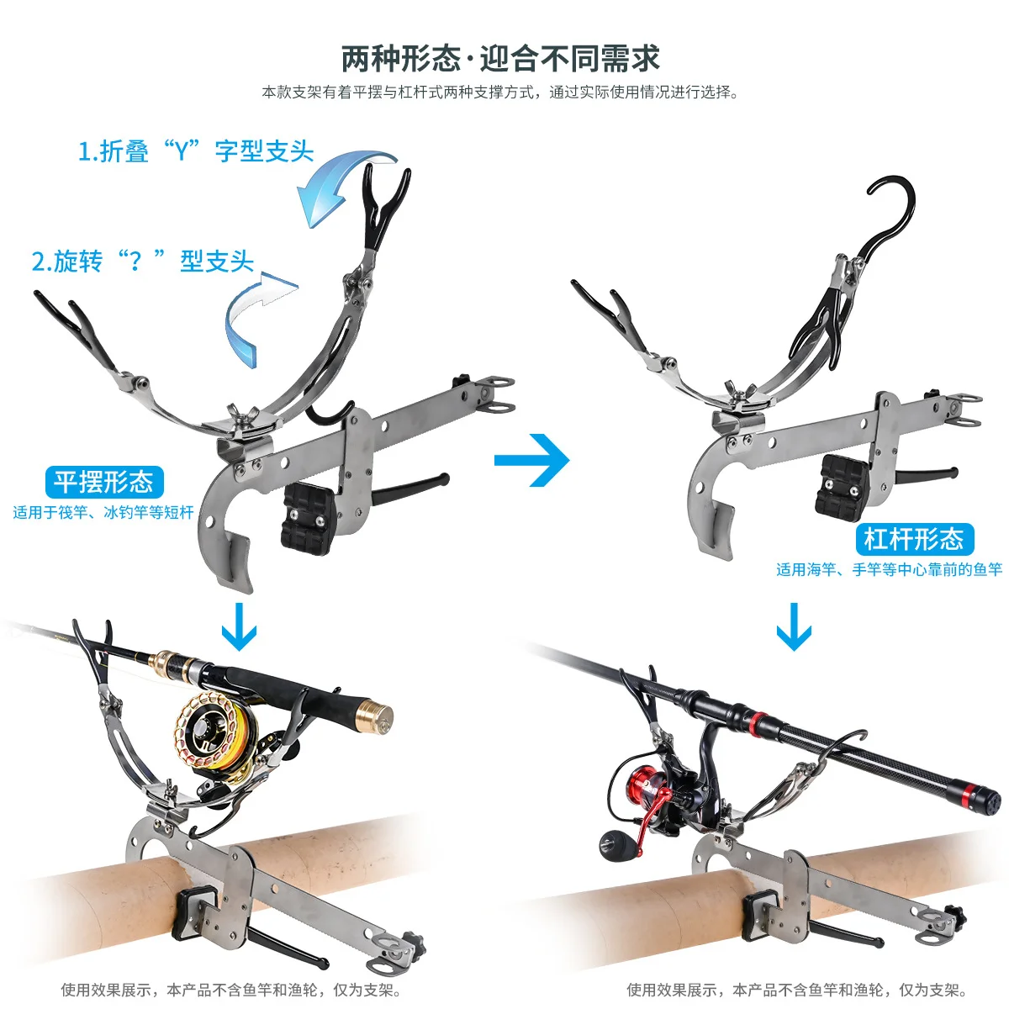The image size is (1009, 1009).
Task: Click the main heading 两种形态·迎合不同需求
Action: [500, 58]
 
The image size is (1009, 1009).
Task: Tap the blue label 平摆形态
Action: [104, 481]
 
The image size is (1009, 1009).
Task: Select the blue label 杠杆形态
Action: [914, 539]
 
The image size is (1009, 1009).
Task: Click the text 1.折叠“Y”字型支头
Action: [196, 151]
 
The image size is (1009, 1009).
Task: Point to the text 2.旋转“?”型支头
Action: [142, 261]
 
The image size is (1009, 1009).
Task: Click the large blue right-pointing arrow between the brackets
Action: [532, 460]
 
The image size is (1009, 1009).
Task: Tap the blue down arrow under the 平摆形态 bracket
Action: [240, 626]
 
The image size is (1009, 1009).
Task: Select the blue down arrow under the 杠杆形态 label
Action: [794, 626]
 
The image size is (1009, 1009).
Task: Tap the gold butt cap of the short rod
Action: [373, 716]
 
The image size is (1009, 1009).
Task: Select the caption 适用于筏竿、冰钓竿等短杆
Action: [103, 512]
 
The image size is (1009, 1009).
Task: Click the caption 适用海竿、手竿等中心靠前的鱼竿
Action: [889, 569]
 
